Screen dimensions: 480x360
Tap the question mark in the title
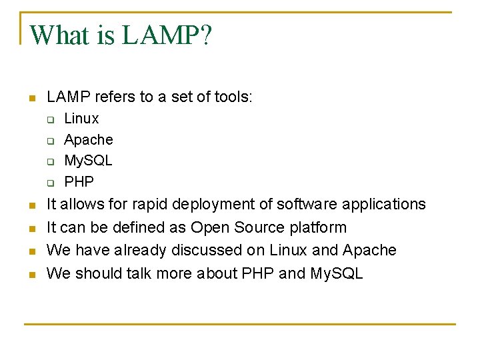204,35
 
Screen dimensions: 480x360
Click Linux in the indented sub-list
81,119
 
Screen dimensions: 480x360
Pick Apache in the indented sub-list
89,140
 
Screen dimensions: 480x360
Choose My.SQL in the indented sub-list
88,161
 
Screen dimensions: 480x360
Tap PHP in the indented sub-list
79,181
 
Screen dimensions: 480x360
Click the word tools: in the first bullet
234,97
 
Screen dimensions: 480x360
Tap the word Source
259,227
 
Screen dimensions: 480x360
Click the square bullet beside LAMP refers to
31,99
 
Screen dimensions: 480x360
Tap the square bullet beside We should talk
31,274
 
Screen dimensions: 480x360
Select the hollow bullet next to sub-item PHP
49,182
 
